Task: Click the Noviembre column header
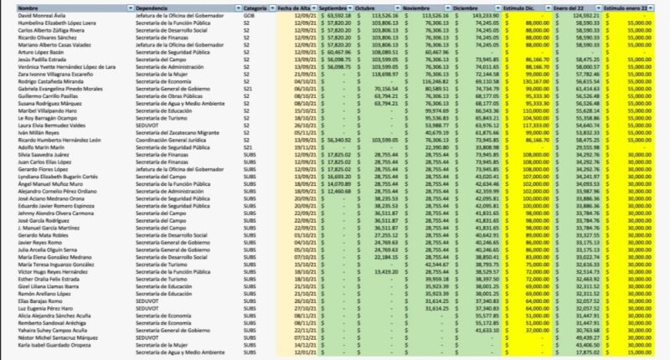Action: coord(418,7)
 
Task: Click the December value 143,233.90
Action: coord(485,15)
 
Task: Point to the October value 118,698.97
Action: coord(385,74)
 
